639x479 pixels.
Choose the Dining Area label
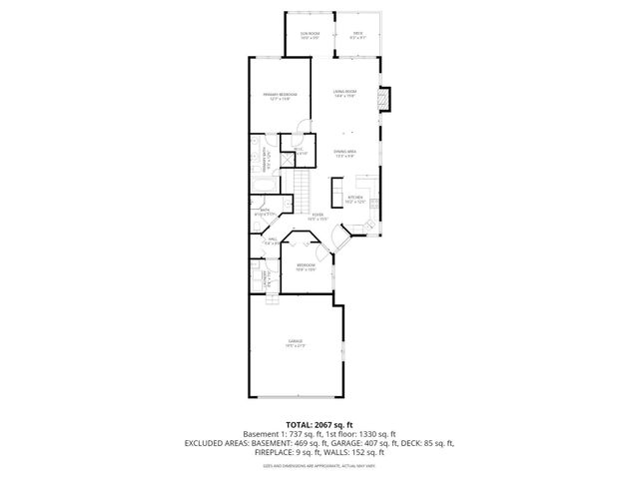(x=345, y=153)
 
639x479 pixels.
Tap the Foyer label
(x=318, y=216)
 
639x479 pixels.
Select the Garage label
(x=296, y=342)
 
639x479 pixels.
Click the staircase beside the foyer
(x=302, y=186)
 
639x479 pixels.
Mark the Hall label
(x=271, y=239)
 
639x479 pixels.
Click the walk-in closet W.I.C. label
(x=300, y=153)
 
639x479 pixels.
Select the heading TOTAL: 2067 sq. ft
(x=319, y=425)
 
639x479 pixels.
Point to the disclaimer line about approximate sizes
(x=319, y=465)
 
